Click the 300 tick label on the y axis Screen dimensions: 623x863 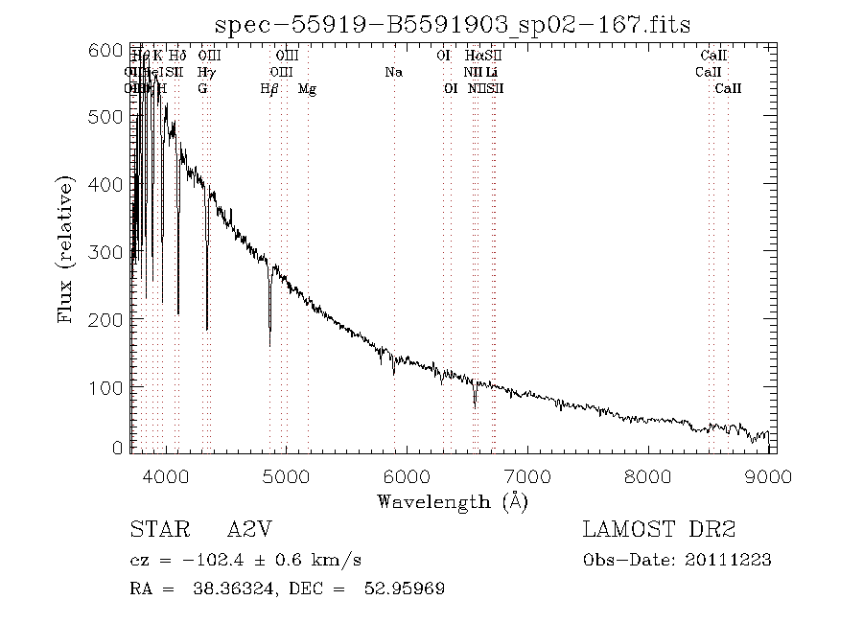point(111,251)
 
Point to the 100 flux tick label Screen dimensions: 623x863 point(111,386)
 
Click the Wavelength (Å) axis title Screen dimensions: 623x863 point(452,501)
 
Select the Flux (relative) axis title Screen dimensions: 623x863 point(66,249)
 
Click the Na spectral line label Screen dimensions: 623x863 point(393,72)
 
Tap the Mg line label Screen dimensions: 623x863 point(307,89)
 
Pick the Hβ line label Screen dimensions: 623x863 point(269,89)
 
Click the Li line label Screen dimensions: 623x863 point(491,72)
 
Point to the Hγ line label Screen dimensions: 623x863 point(205,72)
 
